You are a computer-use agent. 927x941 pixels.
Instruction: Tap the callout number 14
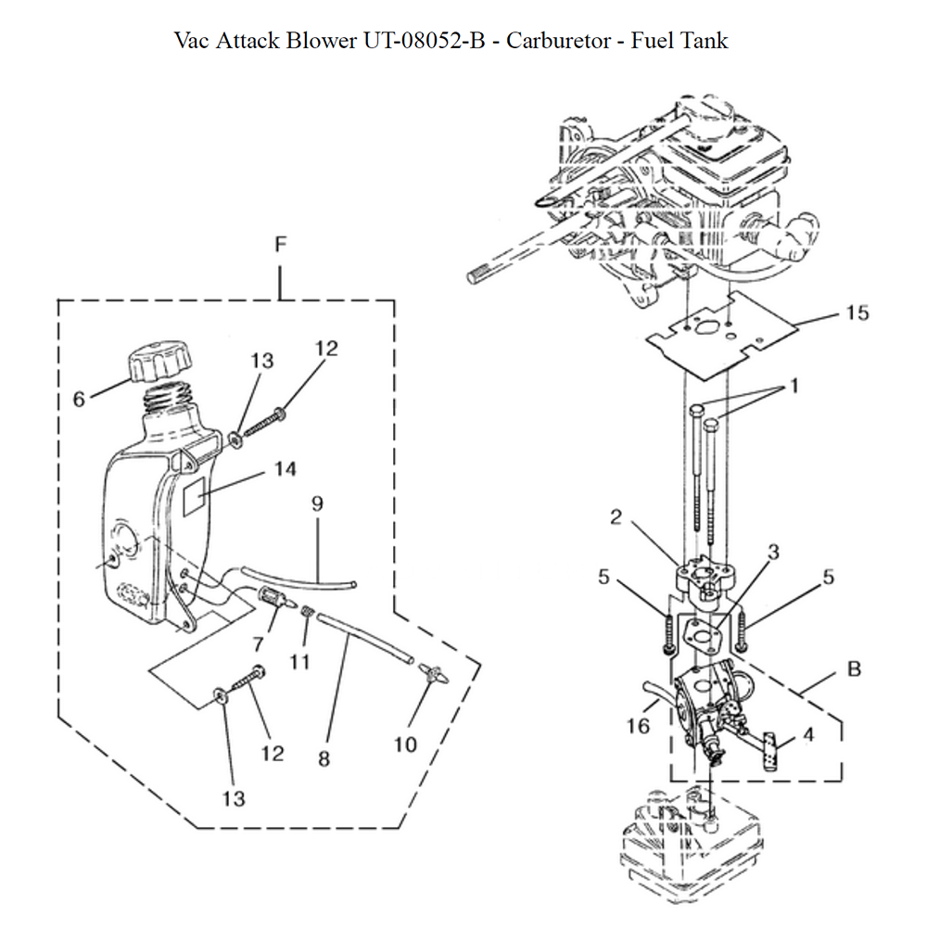[x=286, y=469]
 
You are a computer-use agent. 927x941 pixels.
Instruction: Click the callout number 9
[x=317, y=503]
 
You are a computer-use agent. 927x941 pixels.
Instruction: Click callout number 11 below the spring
[x=299, y=662]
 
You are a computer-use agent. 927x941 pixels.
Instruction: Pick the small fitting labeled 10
[x=430, y=669]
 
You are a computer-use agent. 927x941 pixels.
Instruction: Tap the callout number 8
[x=324, y=757]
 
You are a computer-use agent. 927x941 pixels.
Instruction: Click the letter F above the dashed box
[x=280, y=245]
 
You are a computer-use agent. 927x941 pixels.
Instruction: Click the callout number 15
[x=857, y=313]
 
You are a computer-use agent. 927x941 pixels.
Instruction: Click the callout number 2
[x=616, y=517]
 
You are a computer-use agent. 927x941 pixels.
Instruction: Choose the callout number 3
[x=772, y=553]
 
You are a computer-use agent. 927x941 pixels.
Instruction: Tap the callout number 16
[x=637, y=726]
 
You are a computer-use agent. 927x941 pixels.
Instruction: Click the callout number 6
[x=80, y=399]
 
